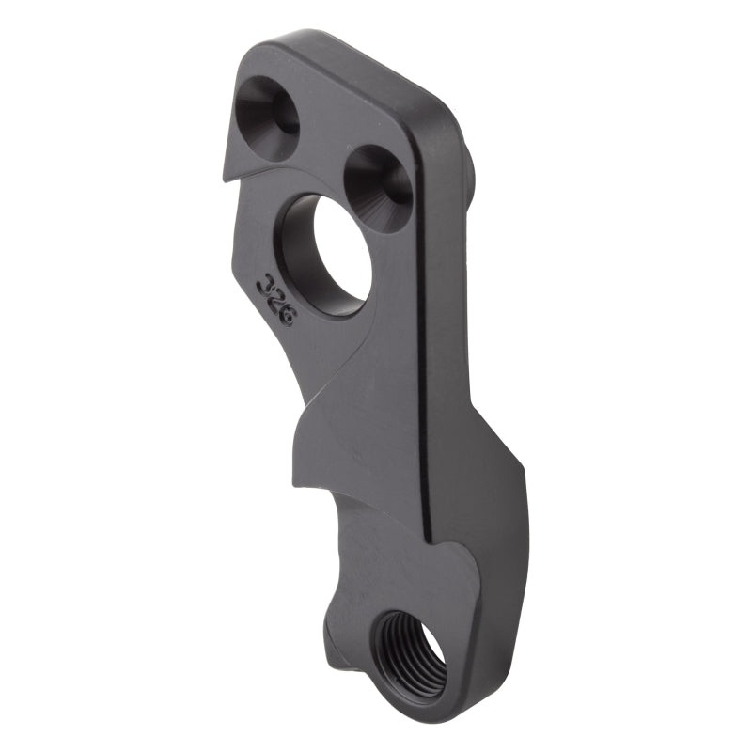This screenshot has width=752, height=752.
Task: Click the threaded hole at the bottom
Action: coord(410,650)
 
